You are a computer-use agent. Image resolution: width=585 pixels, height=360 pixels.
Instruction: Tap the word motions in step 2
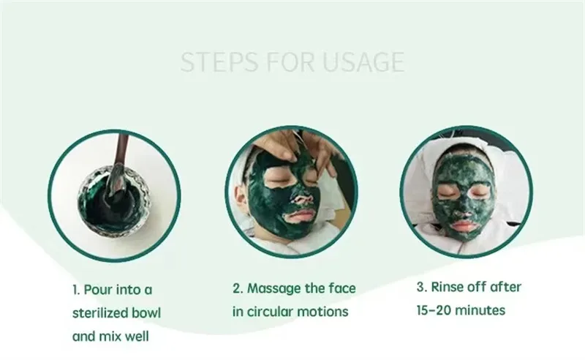[x=327, y=312]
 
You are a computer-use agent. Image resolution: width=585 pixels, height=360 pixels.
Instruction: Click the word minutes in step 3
[x=483, y=311]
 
